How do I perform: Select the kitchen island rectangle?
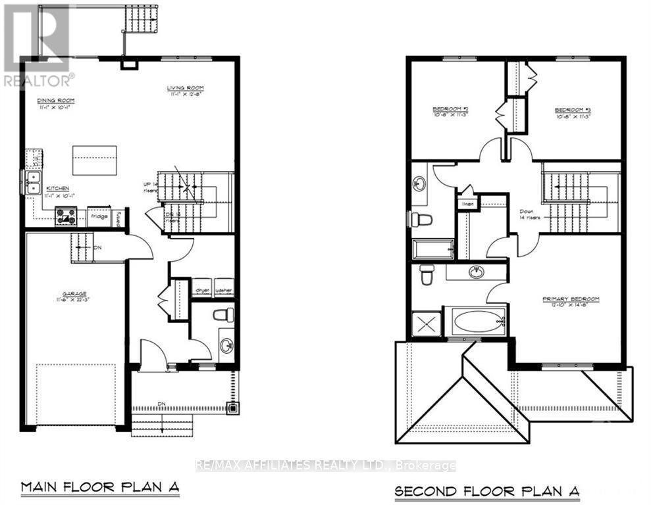94,160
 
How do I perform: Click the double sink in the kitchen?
32,181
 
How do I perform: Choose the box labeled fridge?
99,216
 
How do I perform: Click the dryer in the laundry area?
201,288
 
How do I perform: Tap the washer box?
224,288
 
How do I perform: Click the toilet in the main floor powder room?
223,315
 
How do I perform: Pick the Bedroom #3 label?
571,110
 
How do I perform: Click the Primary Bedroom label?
571,299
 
